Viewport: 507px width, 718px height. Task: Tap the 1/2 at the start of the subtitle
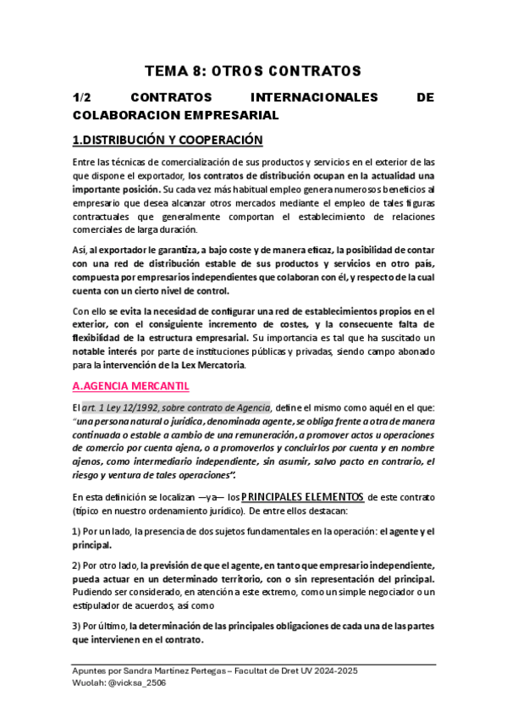(83, 97)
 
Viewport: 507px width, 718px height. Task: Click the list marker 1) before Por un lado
(77, 531)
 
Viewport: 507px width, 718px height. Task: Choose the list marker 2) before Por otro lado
(77, 565)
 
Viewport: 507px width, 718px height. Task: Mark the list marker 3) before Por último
(77, 625)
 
